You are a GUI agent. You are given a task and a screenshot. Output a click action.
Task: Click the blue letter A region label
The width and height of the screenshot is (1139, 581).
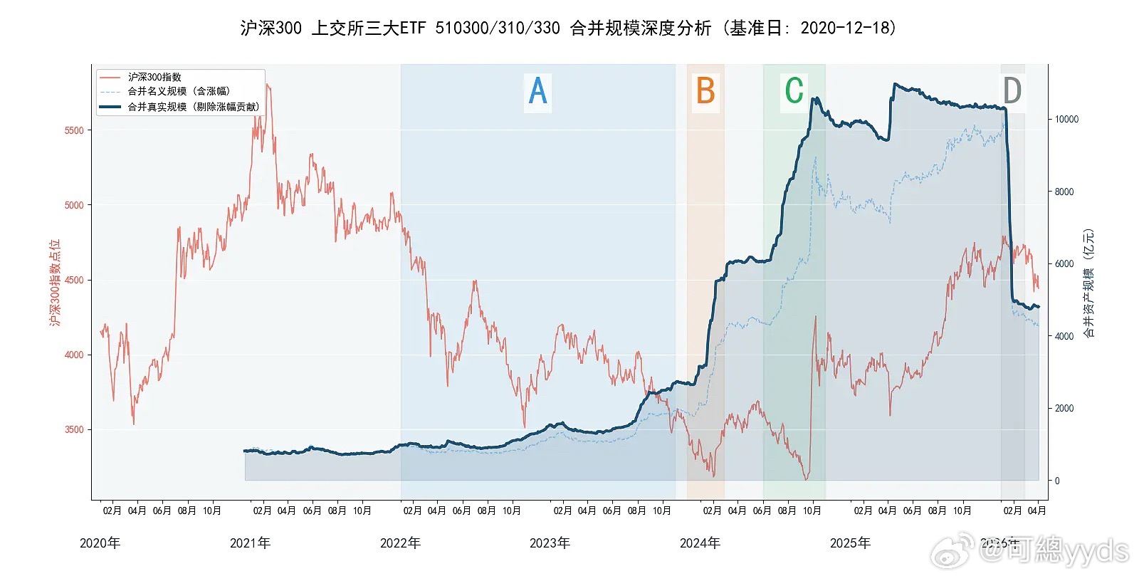537,91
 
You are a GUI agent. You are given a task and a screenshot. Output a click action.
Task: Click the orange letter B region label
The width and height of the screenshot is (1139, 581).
705,91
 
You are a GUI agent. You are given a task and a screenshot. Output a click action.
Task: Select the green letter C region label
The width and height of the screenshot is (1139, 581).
794,91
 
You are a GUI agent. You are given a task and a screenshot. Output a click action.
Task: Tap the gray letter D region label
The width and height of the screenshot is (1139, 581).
1012,91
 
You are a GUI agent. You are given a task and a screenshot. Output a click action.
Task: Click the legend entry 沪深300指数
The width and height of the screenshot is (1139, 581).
154,77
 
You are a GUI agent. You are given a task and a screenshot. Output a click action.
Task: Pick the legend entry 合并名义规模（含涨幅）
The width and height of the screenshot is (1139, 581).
179,91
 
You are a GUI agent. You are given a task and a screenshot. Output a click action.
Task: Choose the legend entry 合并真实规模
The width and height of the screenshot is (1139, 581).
193,107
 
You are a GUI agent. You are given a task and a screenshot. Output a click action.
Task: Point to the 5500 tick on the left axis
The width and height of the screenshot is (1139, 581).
74,130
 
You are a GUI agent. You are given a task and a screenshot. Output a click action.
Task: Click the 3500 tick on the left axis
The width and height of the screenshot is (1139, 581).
74,429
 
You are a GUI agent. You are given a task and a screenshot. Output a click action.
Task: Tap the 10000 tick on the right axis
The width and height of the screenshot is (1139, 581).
1066,119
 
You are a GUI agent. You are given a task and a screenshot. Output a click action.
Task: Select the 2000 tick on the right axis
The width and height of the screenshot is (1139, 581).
1064,408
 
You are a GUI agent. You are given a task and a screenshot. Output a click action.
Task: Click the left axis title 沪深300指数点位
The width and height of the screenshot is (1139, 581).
55,283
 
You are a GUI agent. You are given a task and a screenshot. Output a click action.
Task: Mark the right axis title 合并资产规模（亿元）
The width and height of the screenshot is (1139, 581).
1088,283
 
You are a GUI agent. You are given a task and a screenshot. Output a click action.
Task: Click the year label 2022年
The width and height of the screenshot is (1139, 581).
400,543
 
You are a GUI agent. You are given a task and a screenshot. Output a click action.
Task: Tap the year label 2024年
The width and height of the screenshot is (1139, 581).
700,543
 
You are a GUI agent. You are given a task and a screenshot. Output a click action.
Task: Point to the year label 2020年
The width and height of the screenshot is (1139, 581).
100,543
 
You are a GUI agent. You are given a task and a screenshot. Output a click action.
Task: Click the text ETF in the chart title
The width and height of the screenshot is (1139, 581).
413,28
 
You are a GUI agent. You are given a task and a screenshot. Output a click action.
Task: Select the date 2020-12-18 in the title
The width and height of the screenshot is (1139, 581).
845,28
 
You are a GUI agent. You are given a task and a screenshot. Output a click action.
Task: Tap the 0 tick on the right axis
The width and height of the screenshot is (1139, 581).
1057,481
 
